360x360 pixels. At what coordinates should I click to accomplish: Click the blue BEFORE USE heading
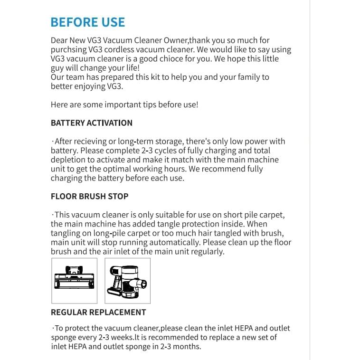click(88, 22)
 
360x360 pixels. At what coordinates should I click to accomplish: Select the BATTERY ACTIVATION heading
click(92, 123)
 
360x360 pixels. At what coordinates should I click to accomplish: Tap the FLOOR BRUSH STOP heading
click(89, 196)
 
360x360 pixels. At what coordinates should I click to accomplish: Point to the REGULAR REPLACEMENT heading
click(98, 312)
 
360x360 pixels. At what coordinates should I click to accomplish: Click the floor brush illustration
click(74, 280)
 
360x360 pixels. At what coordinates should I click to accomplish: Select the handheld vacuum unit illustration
click(127, 280)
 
